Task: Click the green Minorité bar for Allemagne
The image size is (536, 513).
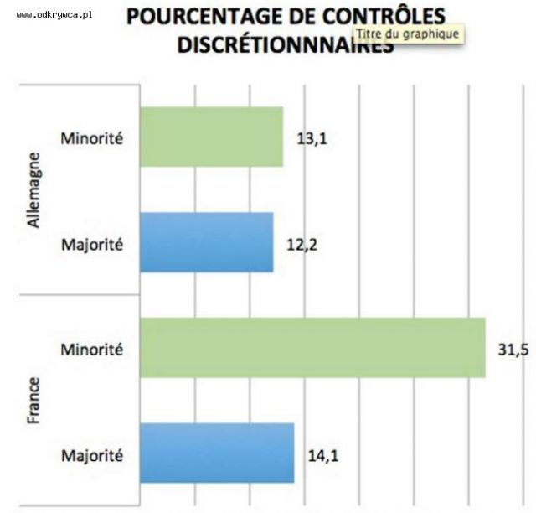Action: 211,137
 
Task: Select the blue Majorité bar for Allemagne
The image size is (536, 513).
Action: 206,242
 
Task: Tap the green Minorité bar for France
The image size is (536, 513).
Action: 312,347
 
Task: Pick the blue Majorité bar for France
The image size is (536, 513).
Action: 217,453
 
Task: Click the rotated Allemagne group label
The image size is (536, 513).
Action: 34,189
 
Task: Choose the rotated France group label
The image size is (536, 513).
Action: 34,401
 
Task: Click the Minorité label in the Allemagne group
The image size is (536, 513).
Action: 91,138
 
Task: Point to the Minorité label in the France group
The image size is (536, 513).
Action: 91,348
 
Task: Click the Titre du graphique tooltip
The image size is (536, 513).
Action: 407,34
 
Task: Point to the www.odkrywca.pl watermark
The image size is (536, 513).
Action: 53,15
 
